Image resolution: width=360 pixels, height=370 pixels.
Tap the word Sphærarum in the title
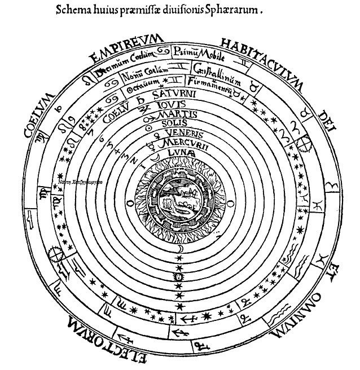click(x=246, y=10)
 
